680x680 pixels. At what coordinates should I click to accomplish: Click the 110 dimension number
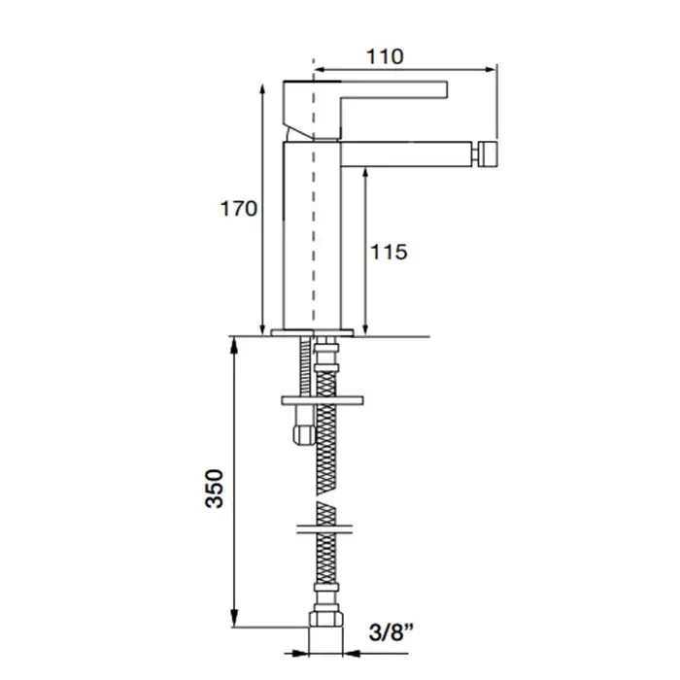click(385, 56)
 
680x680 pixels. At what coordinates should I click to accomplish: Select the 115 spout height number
click(388, 253)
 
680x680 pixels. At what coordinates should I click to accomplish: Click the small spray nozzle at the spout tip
click(484, 153)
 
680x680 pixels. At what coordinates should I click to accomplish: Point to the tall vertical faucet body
click(311, 233)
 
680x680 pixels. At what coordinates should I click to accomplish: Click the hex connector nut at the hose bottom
click(323, 619)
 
